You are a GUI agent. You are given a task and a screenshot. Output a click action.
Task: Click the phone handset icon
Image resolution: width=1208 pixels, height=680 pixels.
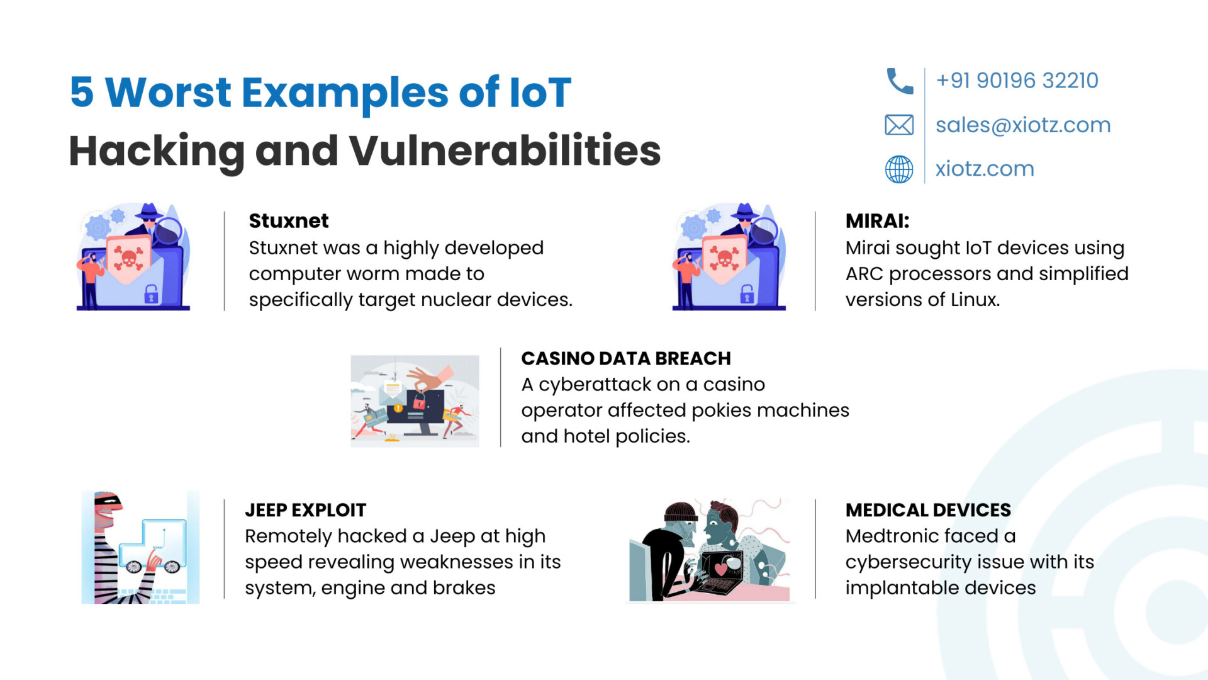900,81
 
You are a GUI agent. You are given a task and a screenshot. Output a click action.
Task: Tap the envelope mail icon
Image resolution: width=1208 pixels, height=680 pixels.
899,125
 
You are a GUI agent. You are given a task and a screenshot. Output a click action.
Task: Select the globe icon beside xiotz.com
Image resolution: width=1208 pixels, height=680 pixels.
899,169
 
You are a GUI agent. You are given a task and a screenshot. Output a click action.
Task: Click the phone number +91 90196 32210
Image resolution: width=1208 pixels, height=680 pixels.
1017,81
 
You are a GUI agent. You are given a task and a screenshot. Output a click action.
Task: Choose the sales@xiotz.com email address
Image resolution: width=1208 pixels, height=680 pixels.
1023,125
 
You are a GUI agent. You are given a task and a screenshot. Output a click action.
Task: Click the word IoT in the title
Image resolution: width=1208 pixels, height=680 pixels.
540,93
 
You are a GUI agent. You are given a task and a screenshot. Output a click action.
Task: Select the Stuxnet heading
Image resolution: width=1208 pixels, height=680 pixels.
289,221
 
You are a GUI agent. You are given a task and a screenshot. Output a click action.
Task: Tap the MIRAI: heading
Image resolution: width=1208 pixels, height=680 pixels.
877,221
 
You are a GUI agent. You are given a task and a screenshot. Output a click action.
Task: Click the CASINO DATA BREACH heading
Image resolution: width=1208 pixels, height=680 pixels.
626,358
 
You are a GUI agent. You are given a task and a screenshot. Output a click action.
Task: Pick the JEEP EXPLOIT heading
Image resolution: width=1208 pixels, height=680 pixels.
305,510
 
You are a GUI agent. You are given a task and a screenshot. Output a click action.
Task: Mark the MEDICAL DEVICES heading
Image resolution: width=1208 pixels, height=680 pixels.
928,510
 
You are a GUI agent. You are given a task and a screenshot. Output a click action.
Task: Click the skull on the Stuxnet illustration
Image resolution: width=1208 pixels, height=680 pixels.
128,258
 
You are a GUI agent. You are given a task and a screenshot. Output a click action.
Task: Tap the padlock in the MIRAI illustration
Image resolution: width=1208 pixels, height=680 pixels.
747,293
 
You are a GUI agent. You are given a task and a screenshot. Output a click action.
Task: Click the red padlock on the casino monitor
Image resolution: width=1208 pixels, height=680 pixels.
419,401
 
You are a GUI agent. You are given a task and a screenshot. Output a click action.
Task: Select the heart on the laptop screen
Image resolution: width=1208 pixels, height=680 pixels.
721,568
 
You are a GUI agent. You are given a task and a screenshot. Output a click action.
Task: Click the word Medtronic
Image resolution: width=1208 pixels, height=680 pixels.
890,536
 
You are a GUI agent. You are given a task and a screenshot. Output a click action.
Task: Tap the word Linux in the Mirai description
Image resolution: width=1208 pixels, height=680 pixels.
975,300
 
